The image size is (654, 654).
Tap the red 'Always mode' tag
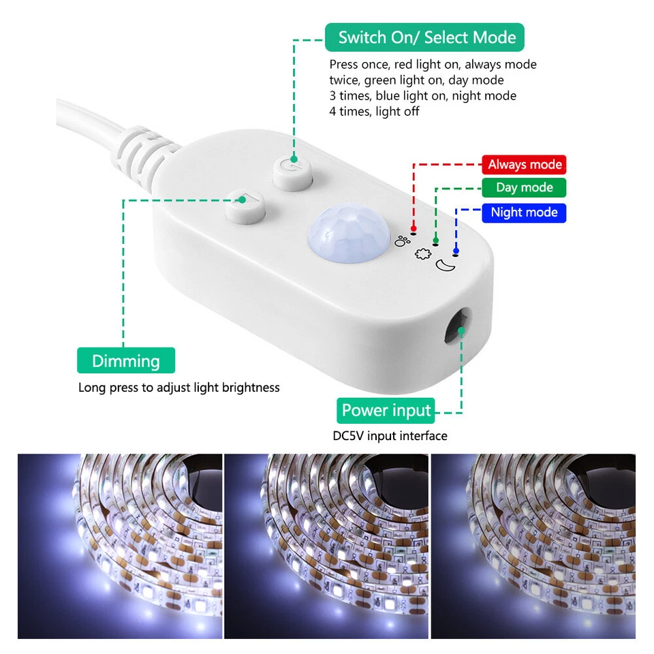click(x=525, y=164)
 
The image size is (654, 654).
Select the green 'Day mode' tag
click(x=524, y=187)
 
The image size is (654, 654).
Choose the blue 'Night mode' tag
click(x=524, y=213)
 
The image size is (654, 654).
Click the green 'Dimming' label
click(x=126, y=361)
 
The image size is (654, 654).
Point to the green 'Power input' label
click(x=386, y=410)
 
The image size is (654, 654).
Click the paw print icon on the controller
click(x=403, y=240)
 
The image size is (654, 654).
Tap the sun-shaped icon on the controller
click(x=422, y=253)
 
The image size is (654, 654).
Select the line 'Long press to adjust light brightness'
click(x=178, y=388)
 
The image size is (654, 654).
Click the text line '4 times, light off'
click(x=374, y=111)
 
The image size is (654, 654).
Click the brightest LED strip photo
click(x=120, y=546)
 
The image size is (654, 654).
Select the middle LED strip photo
click(x=326, y=546)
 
